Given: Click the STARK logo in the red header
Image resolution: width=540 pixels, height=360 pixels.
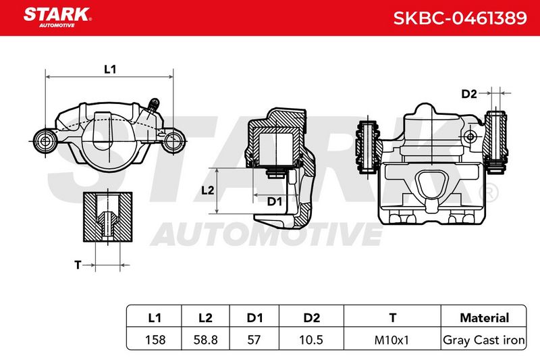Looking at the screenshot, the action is coord(57,18).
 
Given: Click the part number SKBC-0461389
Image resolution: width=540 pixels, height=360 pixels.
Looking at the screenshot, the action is coord(460,18).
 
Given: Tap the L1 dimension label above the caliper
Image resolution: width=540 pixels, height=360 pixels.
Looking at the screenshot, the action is coord(110,70).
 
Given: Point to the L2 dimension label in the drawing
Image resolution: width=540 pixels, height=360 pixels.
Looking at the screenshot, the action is coord(208,190).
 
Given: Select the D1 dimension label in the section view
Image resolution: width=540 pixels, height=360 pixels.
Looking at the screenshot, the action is coord(275,201).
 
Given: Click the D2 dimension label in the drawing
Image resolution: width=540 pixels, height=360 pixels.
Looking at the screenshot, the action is coord(469,94).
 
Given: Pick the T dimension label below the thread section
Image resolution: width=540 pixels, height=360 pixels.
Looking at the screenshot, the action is coord(78,265).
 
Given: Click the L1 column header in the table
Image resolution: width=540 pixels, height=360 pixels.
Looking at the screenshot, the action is coord(155,317).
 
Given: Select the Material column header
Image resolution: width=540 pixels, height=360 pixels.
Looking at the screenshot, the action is coord(484,317).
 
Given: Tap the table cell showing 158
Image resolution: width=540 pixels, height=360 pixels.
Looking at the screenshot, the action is coord(155,340).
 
